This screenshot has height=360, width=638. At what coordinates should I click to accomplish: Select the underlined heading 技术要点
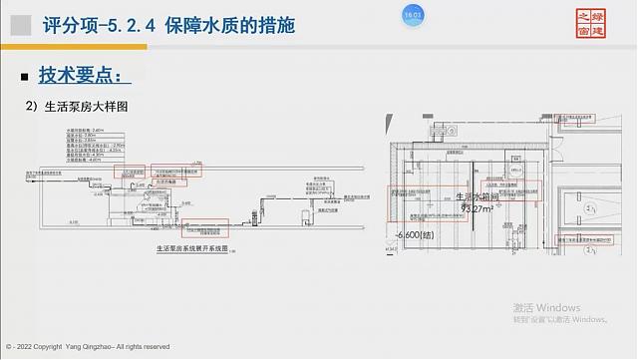coord(84,74)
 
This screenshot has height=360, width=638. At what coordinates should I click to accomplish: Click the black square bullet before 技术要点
coord(26,75)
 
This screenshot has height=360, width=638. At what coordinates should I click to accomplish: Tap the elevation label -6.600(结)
coord(418,235)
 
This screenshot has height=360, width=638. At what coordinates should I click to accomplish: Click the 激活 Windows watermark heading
coord(546,307)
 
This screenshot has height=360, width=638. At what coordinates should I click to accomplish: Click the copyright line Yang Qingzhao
coord(95,346)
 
